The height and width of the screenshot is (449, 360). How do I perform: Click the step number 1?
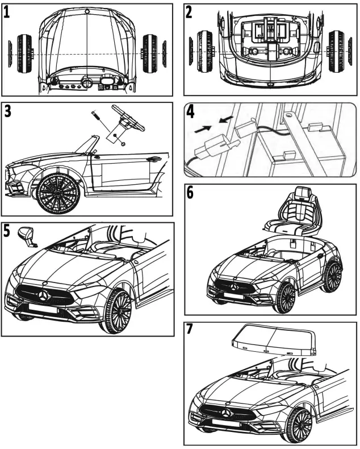7,13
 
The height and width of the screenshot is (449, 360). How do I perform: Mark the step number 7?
191,331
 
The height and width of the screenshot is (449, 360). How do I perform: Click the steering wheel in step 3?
127,117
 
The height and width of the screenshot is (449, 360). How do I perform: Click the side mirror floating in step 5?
26,236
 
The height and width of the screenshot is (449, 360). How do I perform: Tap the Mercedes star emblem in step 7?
227,411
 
